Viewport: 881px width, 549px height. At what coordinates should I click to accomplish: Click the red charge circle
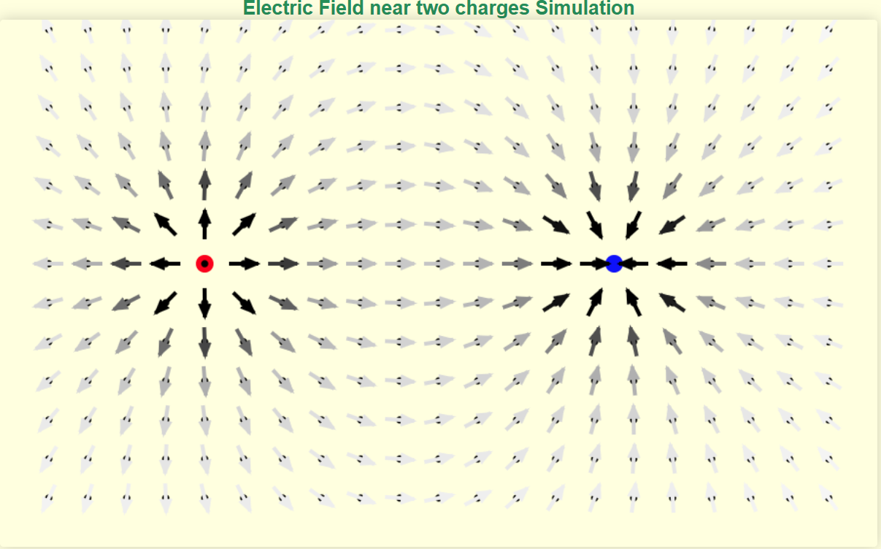pos(204,264)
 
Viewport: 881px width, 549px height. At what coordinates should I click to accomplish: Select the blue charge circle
pos(614,264)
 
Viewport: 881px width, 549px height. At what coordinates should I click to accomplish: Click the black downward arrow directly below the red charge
pos(204,303)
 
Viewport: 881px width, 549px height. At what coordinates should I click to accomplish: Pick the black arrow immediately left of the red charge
pos(165,264)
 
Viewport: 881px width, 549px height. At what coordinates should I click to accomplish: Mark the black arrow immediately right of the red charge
pos(245,264)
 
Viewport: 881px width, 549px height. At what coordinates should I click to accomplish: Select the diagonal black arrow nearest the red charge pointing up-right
pos(245,224)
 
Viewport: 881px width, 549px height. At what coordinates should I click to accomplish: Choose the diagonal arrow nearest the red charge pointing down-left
pos(166,303)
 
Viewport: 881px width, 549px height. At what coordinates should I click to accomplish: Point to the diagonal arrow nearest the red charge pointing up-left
pos(165,224)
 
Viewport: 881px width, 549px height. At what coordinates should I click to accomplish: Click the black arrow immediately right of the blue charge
pos(672,264)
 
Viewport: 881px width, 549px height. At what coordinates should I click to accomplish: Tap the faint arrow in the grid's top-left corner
pos(48,31)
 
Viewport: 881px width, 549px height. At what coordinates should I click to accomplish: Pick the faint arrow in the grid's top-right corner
pos(828,31)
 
